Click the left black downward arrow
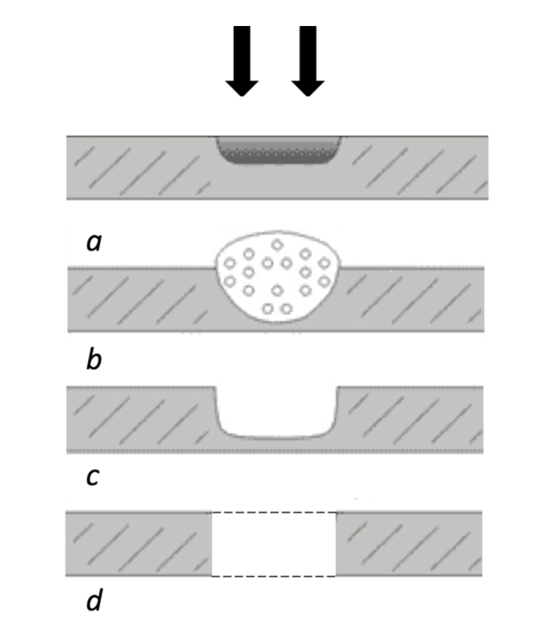tap(242, 61)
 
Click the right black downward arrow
tap(308, 61)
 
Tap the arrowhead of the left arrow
tap(242, 88)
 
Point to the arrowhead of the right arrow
tap(308, 88)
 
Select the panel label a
tap(94, 242)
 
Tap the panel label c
tap(93, 477)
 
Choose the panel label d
tap(95, 600)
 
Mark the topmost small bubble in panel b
tap(276, 244)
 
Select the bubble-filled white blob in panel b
tap(278, 276)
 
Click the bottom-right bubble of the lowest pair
tap(287, 309)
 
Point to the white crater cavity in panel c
tap(277, 412)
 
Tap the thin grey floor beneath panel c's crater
tap(277, 445)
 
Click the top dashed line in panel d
tap(274, 513)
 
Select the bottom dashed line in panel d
tap(274, 576)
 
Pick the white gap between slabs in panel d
tap(274, 545)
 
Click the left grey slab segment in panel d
tap(139, 544)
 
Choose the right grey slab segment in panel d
tap(409, 544)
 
